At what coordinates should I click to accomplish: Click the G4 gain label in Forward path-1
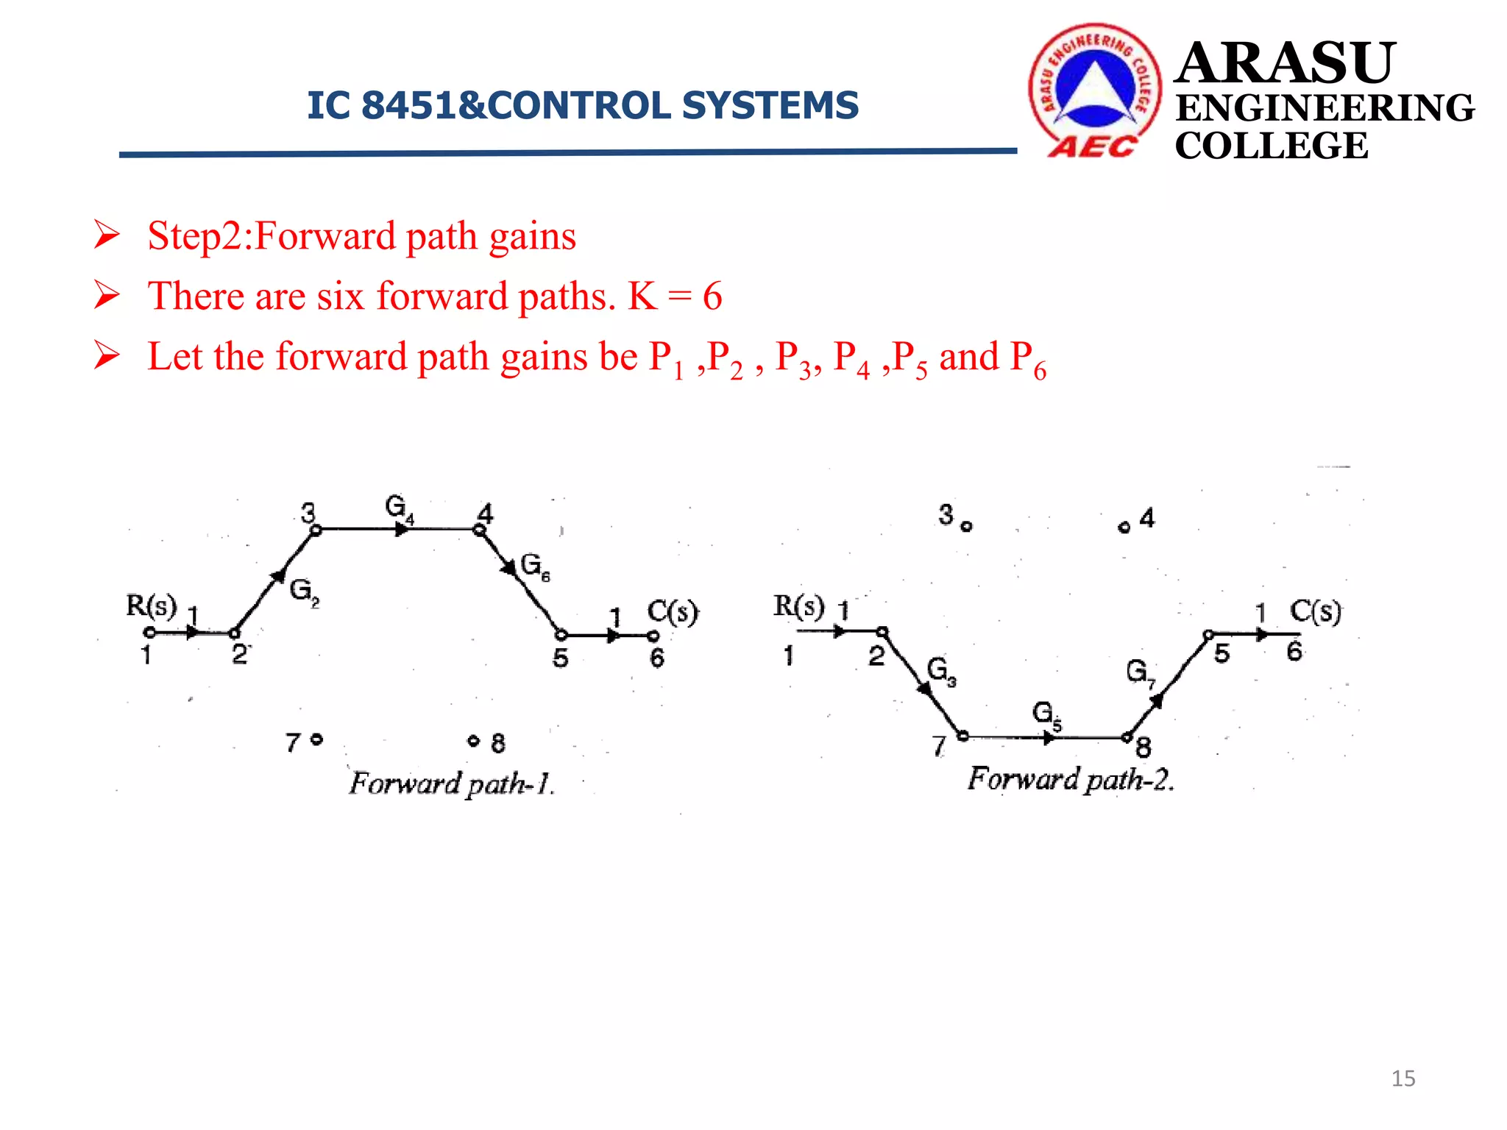pos(399,508)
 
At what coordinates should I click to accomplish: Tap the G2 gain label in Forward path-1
pos(304,591)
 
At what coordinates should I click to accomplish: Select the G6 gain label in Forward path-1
pos(535,566)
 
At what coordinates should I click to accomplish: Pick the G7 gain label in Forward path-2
pos(1140,672)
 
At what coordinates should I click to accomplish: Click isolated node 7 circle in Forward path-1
pos(316,739)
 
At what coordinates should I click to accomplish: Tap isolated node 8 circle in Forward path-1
pos(474,740)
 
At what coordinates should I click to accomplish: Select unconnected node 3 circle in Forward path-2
pos(966,526)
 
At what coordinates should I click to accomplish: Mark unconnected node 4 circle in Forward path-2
pos(1124,527)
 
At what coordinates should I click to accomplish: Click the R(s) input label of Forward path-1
pos(152,605)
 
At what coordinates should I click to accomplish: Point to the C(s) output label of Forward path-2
pos(1316,611)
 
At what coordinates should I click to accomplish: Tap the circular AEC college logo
pos(1094,90)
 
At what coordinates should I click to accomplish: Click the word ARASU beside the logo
pos(1285,63)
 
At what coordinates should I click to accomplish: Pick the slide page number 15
pos(1403,1079)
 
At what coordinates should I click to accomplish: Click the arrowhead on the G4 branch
pos(402,529)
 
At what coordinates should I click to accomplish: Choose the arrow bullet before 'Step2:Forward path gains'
pos(107,236)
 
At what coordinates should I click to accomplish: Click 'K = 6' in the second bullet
pos(675,296)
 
